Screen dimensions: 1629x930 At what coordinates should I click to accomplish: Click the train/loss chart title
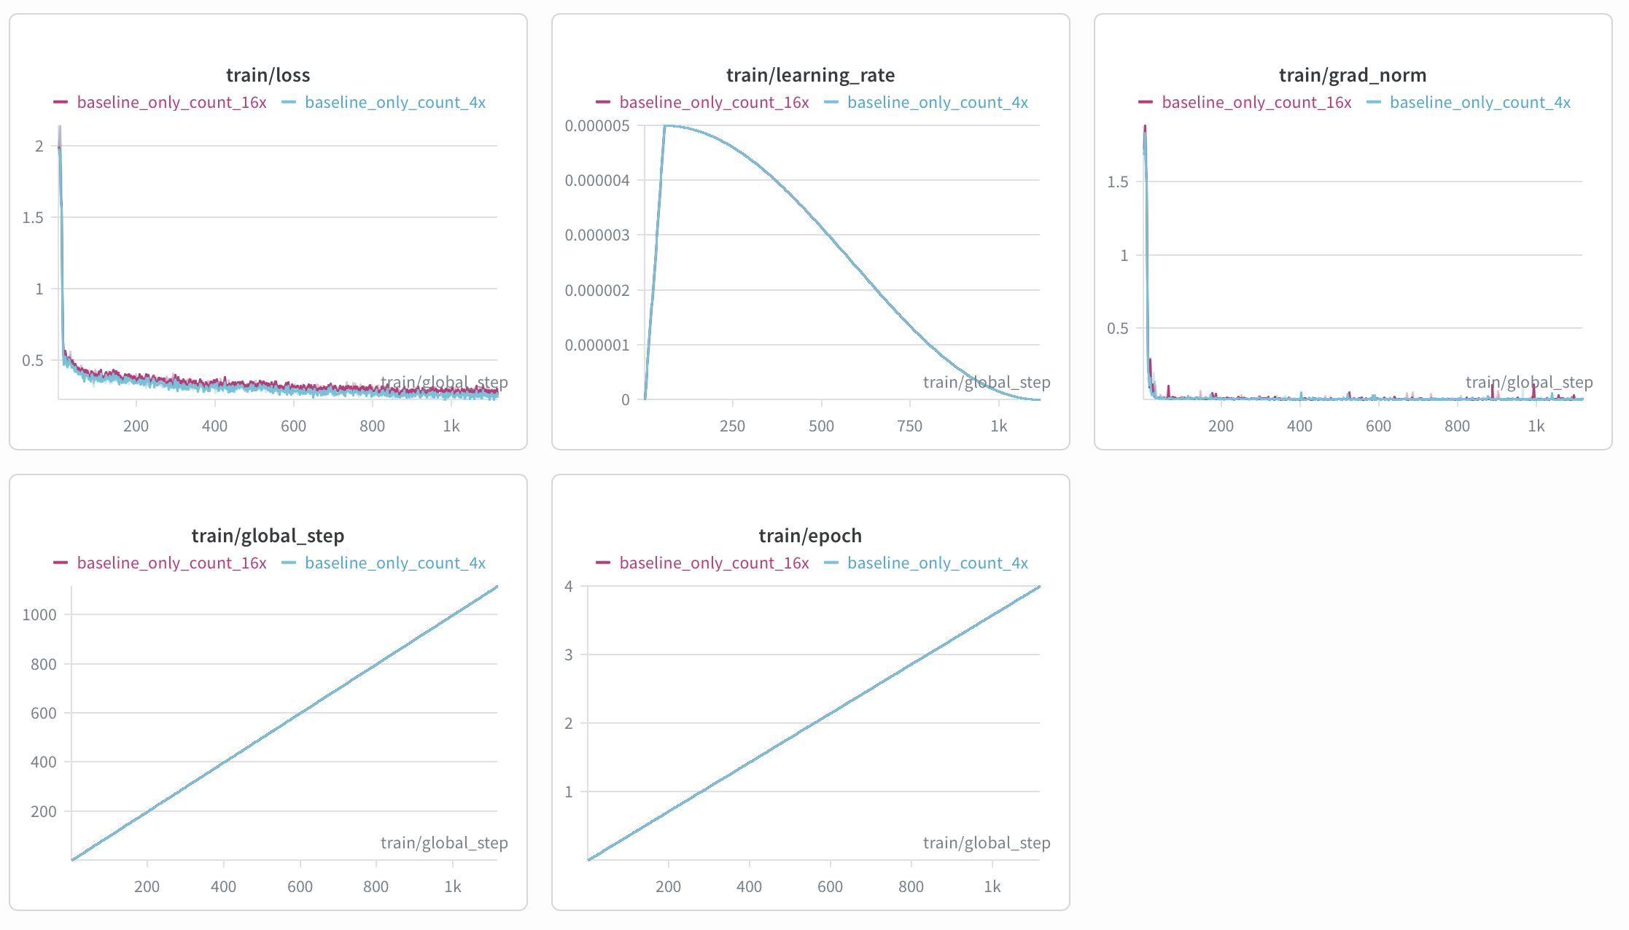[268, 75]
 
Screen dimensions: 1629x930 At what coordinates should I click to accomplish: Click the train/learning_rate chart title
[810, 75]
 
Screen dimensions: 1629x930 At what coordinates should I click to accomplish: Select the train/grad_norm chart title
[1353, 75]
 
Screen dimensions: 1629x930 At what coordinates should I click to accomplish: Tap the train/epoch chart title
[810, 536]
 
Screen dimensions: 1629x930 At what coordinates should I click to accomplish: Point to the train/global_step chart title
[268, 536]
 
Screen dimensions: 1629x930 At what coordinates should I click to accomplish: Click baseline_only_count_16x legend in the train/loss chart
[171, 102]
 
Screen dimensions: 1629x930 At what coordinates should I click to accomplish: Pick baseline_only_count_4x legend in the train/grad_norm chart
[1480, 102]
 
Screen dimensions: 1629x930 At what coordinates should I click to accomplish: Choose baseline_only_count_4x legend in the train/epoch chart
[938, 563]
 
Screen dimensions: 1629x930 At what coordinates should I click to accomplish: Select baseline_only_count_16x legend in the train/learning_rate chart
[714, 102]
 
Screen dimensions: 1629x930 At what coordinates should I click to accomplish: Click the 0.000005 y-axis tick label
[597, 126]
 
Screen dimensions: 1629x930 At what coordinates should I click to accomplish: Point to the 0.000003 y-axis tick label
[597, 235]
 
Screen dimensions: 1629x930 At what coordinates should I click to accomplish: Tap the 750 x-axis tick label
[909, 426]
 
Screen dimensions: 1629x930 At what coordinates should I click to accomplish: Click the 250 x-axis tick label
[732, 426]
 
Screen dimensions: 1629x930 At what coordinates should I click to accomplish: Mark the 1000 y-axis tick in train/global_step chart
[39, 614]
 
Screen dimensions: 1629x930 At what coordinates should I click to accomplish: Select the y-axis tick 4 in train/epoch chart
[569, 586]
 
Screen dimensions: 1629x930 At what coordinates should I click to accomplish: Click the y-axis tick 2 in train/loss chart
[39, 146]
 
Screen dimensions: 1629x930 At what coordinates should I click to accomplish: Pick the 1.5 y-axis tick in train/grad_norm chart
[1117, 181]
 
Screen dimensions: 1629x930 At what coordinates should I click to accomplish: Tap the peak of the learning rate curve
[665, 126]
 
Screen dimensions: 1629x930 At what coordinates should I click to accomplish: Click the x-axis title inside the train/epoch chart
[987, 843]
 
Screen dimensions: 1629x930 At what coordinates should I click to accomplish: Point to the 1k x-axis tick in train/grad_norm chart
[1536, 426]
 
